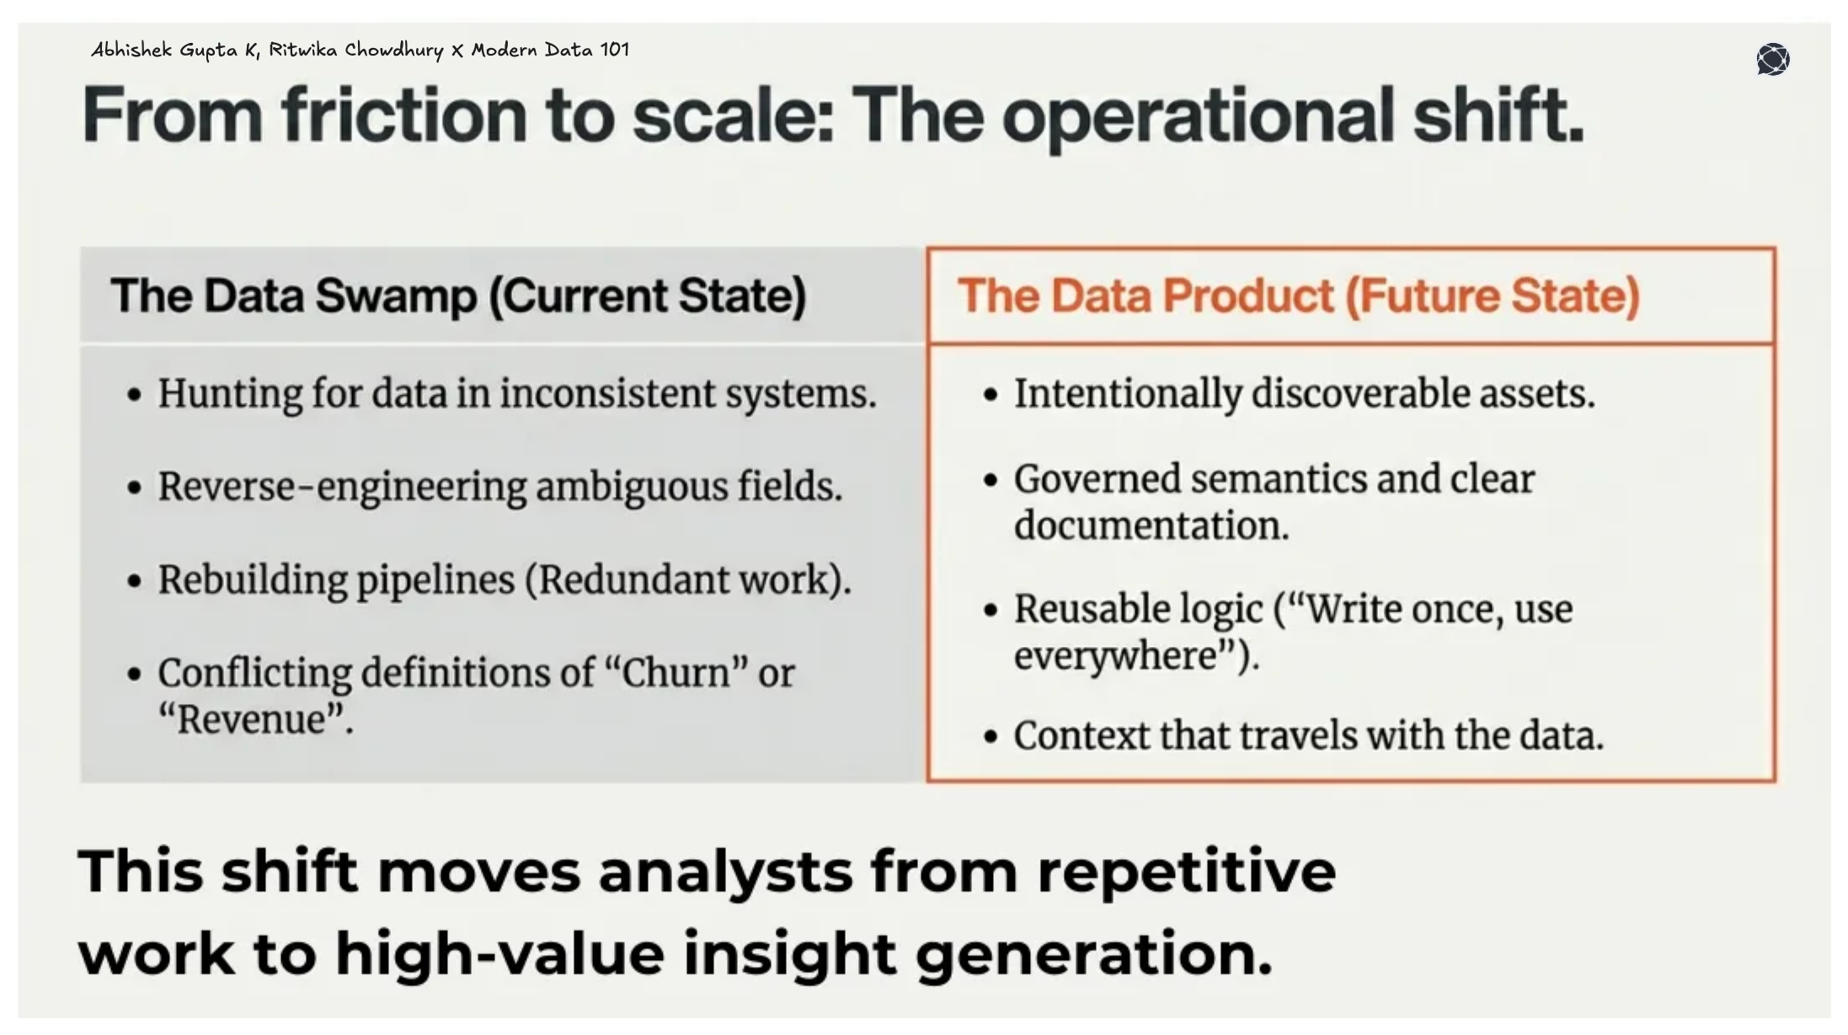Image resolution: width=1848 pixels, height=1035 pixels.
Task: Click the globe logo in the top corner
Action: click(x=1772, y=59)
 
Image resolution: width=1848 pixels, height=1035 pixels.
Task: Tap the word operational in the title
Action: click(x=1196, y=115)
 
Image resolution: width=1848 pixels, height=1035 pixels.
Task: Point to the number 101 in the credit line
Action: click(x=614, y=50)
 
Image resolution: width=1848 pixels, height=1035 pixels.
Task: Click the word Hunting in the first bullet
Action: click(x=228, y=394)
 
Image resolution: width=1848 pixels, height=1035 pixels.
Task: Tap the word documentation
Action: click(x=1151, y=526)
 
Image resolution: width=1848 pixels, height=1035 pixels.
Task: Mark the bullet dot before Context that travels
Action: click(x=991, y=738)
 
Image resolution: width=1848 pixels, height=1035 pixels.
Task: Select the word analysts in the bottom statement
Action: click(x=726, y=872)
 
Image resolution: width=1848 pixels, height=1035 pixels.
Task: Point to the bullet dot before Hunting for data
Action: click(x=135, y=395)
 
